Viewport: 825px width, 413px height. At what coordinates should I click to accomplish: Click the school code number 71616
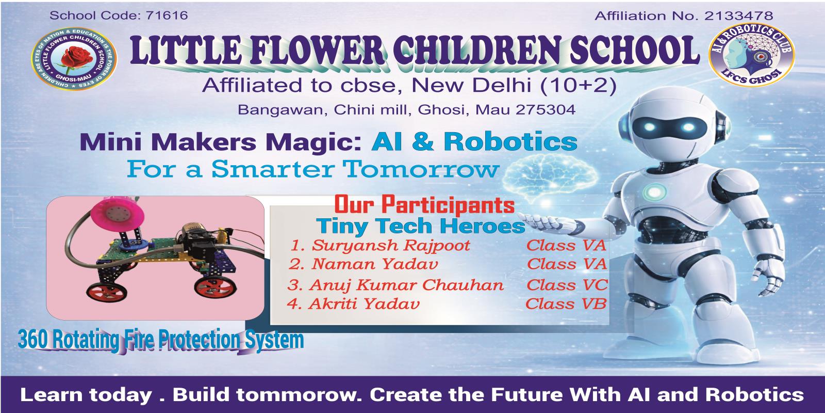pos(167,15)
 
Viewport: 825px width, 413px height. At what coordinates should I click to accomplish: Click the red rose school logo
pos(74,59)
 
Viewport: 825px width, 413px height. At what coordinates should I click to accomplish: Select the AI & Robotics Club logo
pos(752,55)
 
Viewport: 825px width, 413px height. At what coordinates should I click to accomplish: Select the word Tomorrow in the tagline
pos(421,169)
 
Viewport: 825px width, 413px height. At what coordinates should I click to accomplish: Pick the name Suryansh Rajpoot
pos(391,246)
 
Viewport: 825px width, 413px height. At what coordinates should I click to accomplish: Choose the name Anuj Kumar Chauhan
pos(406,285)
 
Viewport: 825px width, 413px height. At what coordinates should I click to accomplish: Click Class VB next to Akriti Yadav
pos(566,304)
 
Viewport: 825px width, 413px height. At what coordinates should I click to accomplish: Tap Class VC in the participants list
pos(567,285)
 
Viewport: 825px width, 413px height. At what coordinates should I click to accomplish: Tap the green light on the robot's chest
pos(654,192)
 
